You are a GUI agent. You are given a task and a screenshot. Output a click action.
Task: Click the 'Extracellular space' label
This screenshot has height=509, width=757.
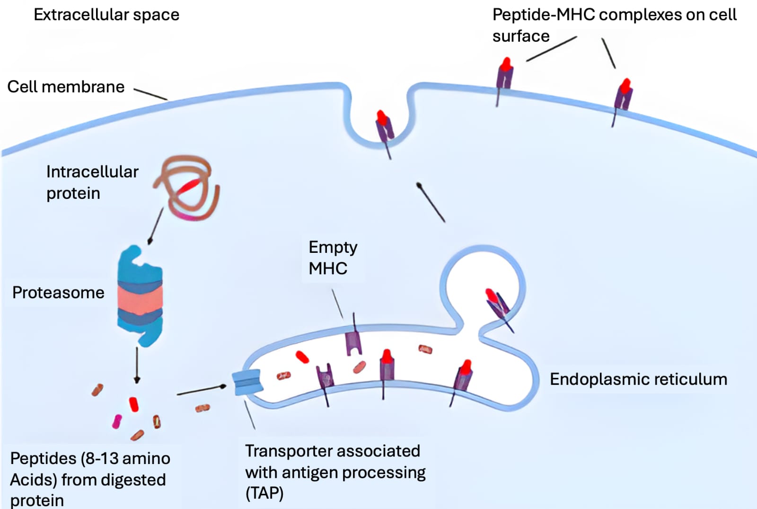point(106,15)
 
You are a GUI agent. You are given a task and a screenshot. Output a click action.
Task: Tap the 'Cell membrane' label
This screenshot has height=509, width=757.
point(66,87)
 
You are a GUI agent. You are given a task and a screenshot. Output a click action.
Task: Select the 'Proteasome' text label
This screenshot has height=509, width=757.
point(58,293)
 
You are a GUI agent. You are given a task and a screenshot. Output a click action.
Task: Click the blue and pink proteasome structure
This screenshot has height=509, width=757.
point(140,296)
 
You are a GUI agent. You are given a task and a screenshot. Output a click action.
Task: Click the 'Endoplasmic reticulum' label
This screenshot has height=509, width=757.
point(638,379)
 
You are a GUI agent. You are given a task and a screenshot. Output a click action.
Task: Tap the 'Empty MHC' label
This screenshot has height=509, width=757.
point(332,258)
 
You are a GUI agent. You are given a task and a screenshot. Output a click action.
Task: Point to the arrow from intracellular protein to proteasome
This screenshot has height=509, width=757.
point(156,226)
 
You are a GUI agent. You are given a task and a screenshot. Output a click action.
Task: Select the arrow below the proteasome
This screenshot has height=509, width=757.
point(137,365)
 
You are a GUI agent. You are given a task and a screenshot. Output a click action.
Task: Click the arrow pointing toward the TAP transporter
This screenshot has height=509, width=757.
point(202,390)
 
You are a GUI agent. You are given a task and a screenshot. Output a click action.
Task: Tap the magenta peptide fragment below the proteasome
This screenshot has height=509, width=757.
point(116,421)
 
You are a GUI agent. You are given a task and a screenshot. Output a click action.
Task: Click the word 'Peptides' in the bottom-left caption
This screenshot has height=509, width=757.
point(43,458)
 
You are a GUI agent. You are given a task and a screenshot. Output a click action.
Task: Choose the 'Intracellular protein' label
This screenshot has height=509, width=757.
point(92,182)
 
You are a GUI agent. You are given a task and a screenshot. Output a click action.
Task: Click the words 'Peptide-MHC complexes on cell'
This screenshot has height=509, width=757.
point(614,15)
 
